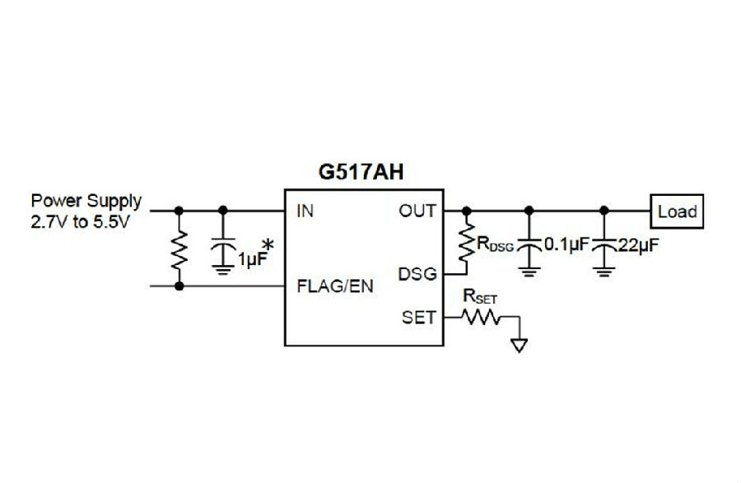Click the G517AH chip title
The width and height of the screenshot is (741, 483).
pyautogui.click(x=361, y=172)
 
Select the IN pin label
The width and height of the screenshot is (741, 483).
pyautogui.click(x=305, y=211)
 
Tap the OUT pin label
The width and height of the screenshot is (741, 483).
pyautogui.click(x=417, y=211)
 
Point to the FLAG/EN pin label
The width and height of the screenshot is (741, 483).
pyautogui.click(x=335, y=286)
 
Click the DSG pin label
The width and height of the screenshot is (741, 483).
pyautogui.click(x=417, y=274)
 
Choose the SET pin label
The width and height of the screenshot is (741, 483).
pyautogui.click(x=419, y=318)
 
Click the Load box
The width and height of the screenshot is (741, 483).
pyautogui.click(x=677, y=211)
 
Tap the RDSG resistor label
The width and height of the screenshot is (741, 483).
pyautogui.click(x=496, y=244)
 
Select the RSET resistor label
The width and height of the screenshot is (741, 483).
pyautogui.click(x=480, y=296)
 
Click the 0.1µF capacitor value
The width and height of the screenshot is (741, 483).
pyautogui.click(x=567, y=244)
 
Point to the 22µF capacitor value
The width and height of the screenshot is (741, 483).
pyautogui.click(x=638, y=244)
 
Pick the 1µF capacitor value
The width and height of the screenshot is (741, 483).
pyautogui.click(x=253, y=258)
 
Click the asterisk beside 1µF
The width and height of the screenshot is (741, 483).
pyautogui.click(x=268, y=245)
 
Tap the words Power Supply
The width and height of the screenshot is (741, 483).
pyautogui.click(x=86, y=202)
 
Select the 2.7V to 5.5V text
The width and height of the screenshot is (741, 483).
pyautogui.click(x=80, y=221)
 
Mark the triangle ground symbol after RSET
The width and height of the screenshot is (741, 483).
pyautogui.click(x=519, y=346)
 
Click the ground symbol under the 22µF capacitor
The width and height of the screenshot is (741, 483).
pyautogui.click(x=604, y=272)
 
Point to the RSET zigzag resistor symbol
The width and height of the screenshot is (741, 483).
pyautogui.click(x=480, y=318)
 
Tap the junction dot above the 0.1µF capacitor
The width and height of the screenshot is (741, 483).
pyautogui.click(x=529, y=211)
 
